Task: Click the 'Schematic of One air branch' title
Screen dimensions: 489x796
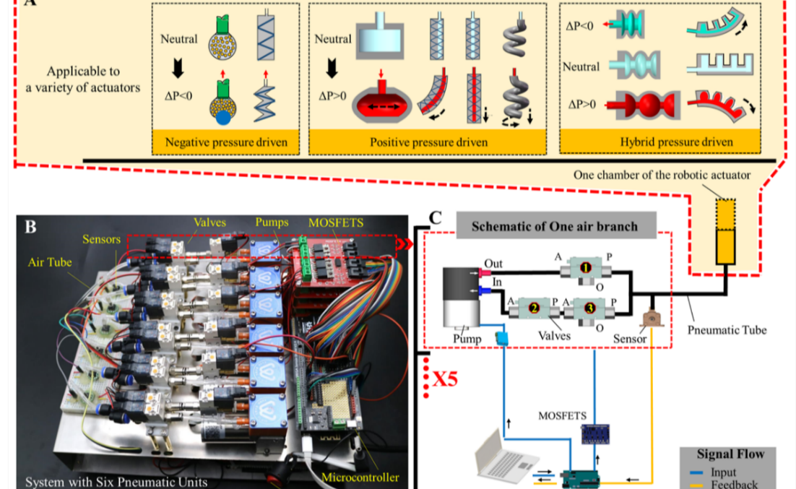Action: [555, 226]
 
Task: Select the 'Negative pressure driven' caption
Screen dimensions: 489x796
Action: [226, 142]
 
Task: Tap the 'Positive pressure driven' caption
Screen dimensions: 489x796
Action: [428, 142]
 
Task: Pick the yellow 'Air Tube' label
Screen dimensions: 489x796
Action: [50, 262]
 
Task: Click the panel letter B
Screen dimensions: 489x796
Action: [30, 226]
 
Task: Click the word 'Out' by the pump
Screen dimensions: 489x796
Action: [493, 264]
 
